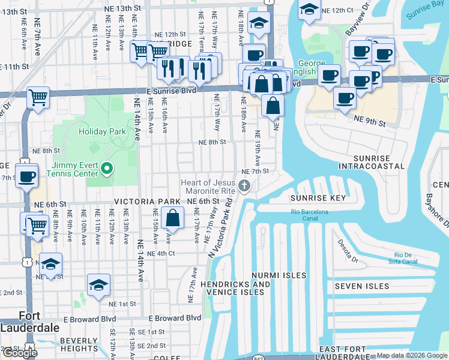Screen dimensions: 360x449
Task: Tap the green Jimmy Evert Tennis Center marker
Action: tap(107, 169)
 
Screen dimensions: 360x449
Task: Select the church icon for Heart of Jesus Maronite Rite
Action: tap(244, 187)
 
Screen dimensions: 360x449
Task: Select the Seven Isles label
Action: tap(361, 286)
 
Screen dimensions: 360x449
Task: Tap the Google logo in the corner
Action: tap(19, 353)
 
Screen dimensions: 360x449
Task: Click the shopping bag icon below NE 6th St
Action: tap(172, 218)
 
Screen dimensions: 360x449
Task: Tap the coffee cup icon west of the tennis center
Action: tap(27, 176)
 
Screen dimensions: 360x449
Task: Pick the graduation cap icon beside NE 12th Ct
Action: tap(309, 10)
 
